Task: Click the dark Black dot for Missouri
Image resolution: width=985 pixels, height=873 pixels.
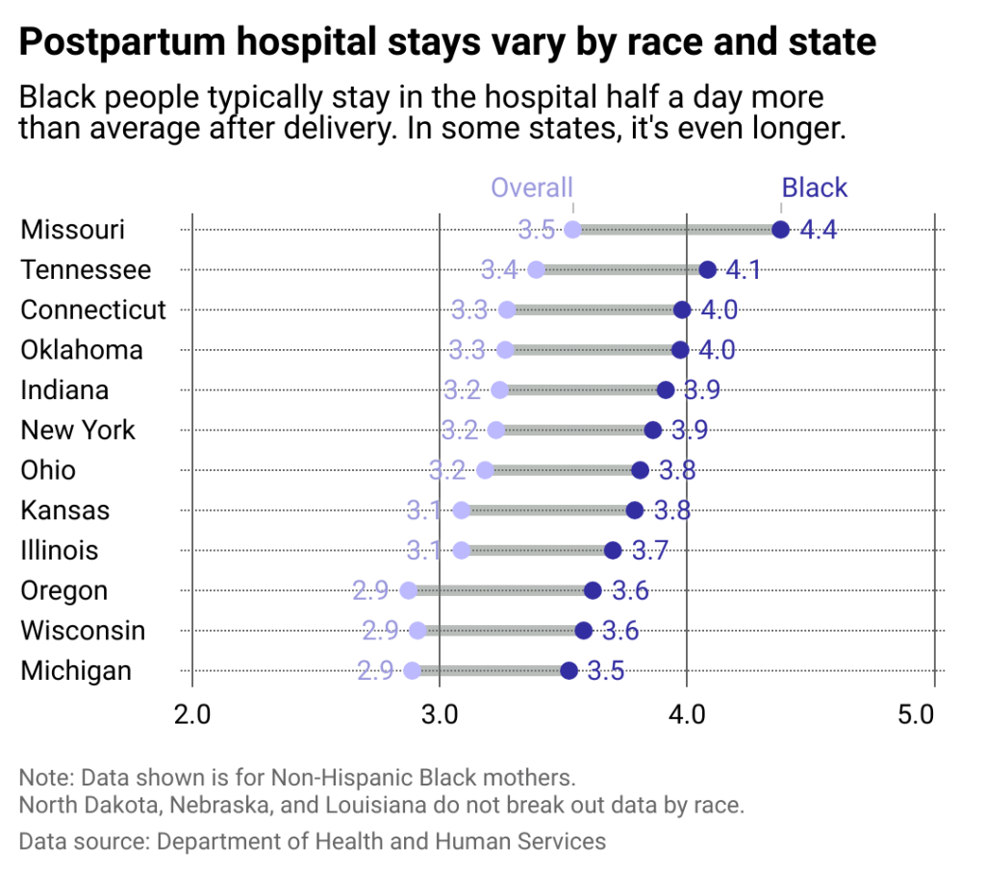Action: click(780, 230)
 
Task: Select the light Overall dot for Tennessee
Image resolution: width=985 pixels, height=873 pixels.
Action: click(537, 270)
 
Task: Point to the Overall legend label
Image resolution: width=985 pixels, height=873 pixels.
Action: click(532, 187)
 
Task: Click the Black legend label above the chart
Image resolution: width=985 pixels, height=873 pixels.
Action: click(815, 187)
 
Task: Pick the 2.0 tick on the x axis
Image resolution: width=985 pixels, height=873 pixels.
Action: click(192, 715)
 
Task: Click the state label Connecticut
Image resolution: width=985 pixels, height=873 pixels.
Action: click(93, 310)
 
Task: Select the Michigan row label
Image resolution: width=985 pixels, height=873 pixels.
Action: click(76, 670)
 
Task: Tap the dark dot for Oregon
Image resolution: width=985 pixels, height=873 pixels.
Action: click(593, 590)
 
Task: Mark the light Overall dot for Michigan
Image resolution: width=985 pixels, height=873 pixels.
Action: click(413, 670)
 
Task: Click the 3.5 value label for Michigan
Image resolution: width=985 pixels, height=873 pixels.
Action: click(606, 670)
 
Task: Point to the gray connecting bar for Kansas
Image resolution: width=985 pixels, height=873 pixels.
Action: click(548, 510)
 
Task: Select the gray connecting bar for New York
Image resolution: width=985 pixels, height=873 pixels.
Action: click(574, 430)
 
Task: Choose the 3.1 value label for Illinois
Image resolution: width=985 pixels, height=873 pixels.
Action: click(423, 550)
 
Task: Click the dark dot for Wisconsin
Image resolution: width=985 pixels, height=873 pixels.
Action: click(584, 631)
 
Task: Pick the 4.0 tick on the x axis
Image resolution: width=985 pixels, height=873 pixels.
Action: click(687, 715)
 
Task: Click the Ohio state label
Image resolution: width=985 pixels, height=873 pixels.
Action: click(48, 470)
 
